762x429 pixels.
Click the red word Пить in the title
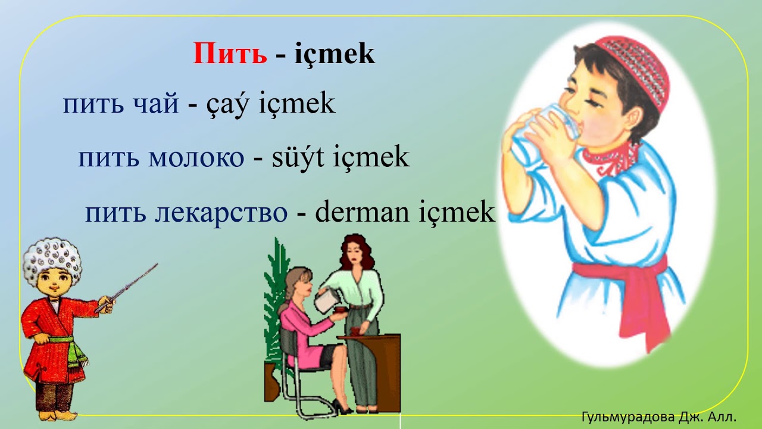(230, 54)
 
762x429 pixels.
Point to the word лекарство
(221, 212)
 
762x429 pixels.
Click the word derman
(357, 212)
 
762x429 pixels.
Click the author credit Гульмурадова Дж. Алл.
(659, 416)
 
